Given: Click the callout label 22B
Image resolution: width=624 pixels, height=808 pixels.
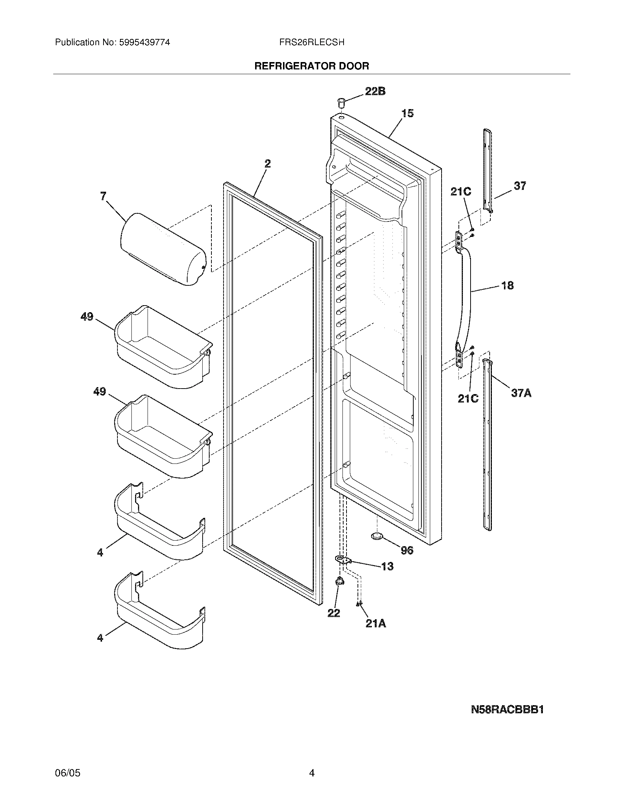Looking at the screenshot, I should (x=375, y=91).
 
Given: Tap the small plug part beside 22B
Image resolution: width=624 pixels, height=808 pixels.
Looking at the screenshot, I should (x=341, y=102).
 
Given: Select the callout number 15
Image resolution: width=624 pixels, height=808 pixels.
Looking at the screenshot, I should (x=407, y=113).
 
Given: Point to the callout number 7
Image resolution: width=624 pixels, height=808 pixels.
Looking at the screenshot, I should (x=103, y=196).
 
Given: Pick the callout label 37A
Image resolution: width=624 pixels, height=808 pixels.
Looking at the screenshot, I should (x=521, y=393).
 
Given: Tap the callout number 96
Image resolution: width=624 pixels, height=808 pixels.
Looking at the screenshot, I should (x=407, y=551).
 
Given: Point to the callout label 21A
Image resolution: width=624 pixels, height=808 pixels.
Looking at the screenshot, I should (x=376, y=623).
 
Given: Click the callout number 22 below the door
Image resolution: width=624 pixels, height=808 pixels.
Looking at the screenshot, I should (x=333, y=613).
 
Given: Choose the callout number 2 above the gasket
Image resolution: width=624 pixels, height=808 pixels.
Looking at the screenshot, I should (x=267, y=163).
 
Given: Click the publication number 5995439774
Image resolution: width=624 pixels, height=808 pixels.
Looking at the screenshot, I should (x=144, y=43).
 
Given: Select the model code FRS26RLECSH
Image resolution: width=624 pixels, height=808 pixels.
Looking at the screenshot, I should (x=312, y=43).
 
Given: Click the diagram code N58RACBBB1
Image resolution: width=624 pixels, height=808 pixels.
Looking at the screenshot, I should (x=507, y=710).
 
